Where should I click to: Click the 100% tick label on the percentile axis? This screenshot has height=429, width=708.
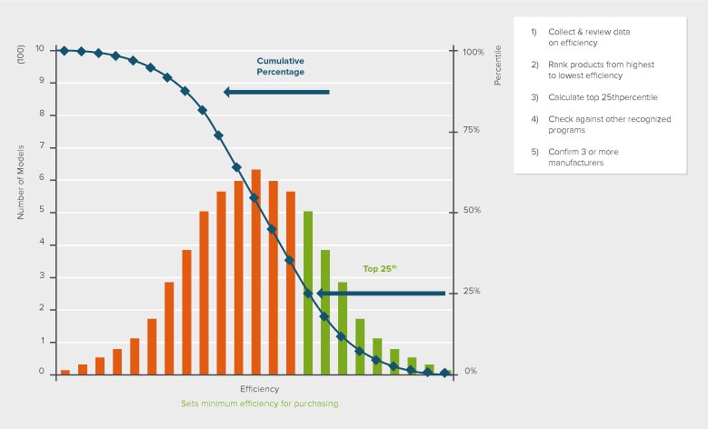point(474,52)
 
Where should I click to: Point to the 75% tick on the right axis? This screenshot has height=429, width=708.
point(471,130)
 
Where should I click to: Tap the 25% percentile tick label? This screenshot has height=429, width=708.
point(471,291)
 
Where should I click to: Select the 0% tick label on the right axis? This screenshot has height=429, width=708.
point(471,371)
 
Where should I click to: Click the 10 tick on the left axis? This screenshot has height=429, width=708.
point(39,49)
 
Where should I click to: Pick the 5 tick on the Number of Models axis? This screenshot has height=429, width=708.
point(41,212)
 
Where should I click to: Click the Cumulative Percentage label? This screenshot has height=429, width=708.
point(280,66)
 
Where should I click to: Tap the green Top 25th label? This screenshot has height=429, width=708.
point(380,269)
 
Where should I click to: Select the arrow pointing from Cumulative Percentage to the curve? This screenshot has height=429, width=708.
point(276,92)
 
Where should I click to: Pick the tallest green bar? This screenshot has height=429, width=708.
point(308,291)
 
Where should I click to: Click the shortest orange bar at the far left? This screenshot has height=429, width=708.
point(65,371)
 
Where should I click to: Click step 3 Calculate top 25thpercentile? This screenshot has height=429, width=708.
point(595,96)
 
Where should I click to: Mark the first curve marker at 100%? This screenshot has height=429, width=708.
point(64,50)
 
